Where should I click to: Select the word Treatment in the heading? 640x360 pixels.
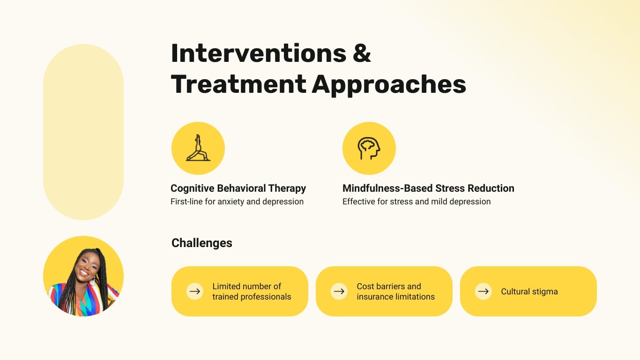tap(238, 84)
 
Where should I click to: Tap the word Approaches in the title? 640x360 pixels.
tap(389, 84)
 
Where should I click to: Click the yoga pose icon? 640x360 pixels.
tap(198, 148)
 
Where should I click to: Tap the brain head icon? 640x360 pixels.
tap(369, 148)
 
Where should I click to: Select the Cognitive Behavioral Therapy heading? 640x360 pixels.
tap(238, 188)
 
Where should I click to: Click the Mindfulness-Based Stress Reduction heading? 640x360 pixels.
tap(428, 188)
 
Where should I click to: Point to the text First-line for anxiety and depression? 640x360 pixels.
tap(237, 202)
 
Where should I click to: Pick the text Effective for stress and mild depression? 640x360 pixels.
tap(417, 202)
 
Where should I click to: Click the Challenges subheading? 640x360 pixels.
tap(202, 243)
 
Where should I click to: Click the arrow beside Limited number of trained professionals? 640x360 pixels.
tap(195, 291)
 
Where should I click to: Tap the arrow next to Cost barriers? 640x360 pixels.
tap(339, 291)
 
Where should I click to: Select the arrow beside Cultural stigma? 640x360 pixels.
tap(484, 291)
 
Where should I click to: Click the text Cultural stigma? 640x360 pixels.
tap(529, 292)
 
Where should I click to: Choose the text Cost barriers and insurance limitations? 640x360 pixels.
tap(395, 292)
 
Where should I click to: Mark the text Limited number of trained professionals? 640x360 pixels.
tap(252, 292)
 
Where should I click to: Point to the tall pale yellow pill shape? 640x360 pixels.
tap(83, 132)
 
